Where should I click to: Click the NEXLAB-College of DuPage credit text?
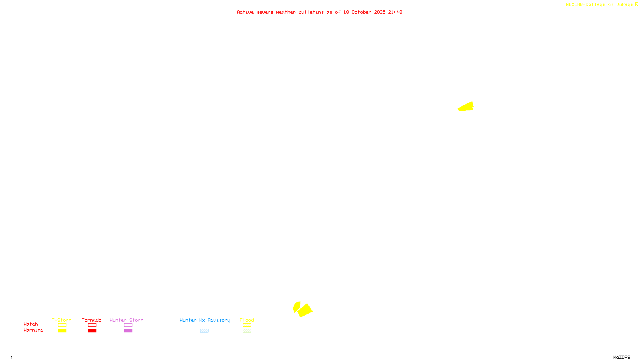602,5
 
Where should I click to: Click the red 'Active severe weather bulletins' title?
319,12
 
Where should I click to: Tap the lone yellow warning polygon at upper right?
466,107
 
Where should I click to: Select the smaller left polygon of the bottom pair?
296,307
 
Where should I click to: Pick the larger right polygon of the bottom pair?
305,310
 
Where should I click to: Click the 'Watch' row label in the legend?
31,324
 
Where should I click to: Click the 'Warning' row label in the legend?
33,330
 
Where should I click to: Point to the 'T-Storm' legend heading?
62,320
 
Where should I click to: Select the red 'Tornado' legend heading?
92,320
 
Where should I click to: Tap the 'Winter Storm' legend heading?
126,320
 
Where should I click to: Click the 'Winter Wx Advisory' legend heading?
205,320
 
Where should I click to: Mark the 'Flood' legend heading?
247,320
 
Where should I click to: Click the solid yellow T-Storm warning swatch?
62,331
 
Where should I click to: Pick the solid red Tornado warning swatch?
92,331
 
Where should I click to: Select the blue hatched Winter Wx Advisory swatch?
204,331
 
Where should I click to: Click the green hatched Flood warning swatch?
247,331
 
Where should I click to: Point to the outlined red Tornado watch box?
92,325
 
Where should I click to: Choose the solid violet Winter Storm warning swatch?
128,331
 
